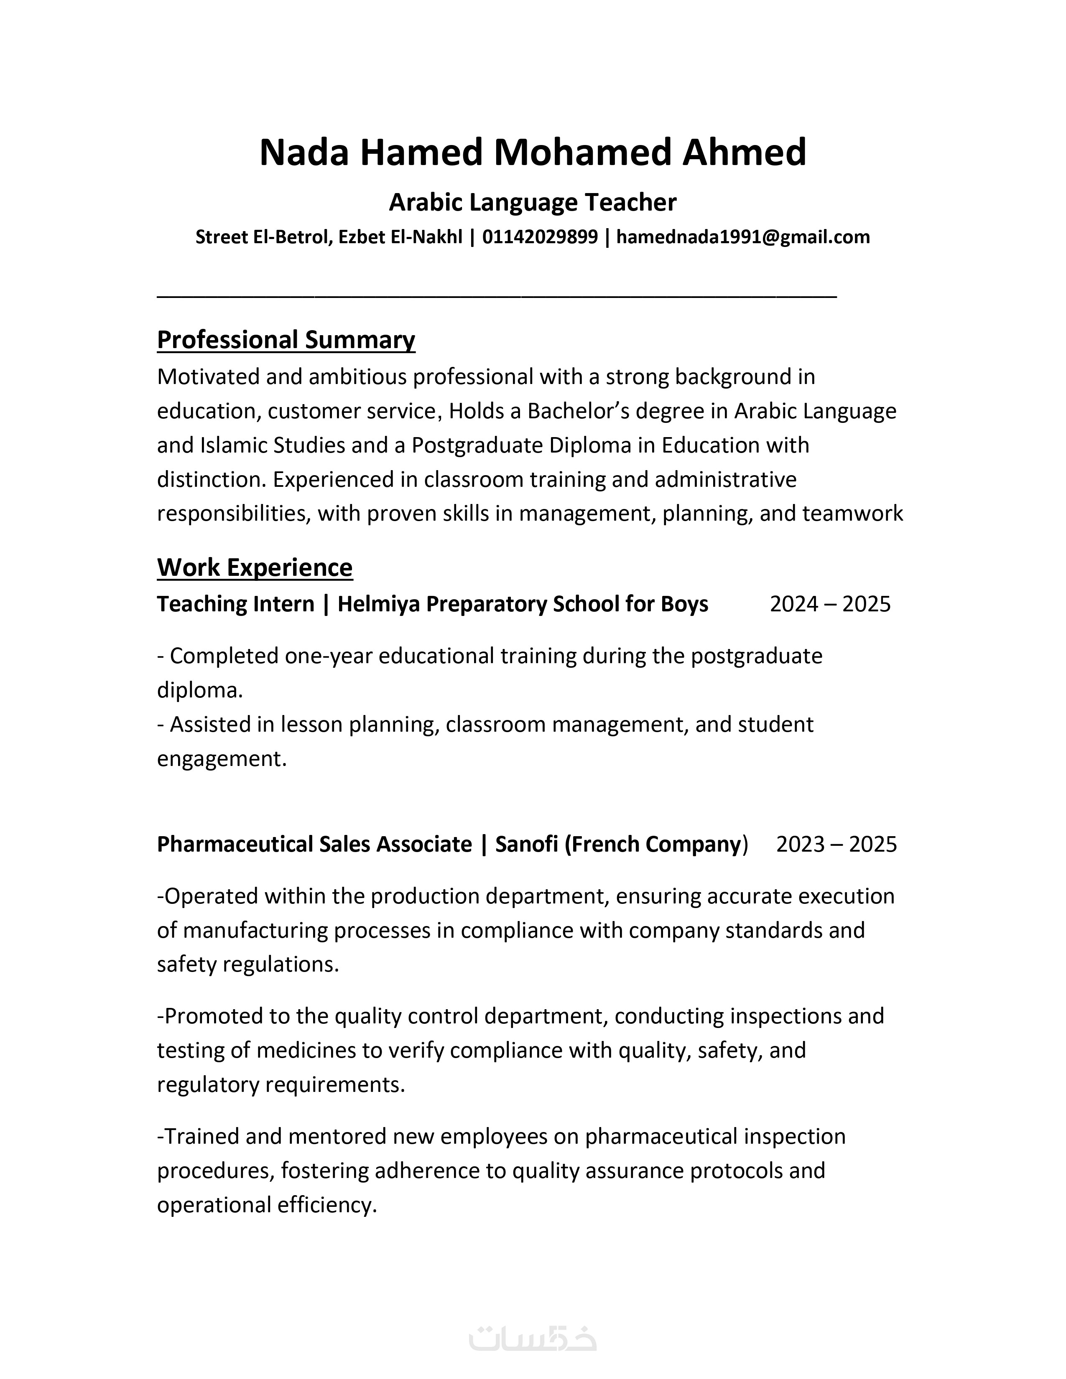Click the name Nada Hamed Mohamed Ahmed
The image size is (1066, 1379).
(x=532, y=153)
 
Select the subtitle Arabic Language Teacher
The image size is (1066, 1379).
(x=532, y=203)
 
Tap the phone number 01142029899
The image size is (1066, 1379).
(x=540, y=237)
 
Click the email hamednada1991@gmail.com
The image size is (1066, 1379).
(x=743, y=237)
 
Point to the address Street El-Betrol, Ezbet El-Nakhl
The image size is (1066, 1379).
(x=329, y=237)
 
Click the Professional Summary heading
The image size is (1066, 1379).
(x=286, y=340)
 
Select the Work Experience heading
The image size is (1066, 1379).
(x=255, y=567)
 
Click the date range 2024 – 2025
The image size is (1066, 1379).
(x=830, y=604)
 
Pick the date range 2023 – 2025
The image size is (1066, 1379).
(x=836, y=844)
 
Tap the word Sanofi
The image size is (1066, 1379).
(x=527, y=844)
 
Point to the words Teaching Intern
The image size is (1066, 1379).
(x=235, y=604)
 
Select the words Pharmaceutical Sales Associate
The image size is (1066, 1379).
(x=314, y=844)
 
